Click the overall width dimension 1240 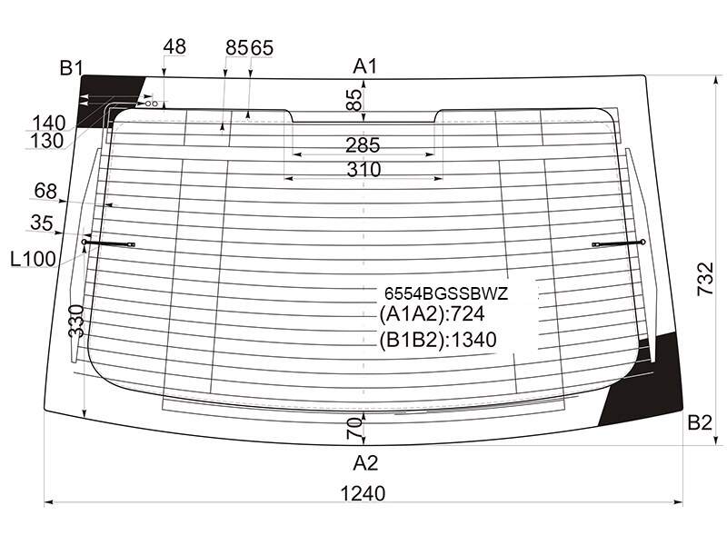pyautogui.click(x=363, y=493)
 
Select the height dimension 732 pyautogui.click(x=706, y=279)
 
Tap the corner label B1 pyautogui.click(x=71, y=69)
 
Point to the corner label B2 pyautogui.click(x=699, y=422)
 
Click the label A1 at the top pyautogui.click(x=365, y=66)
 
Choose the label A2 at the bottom pyautogui.click(x=365, y=463)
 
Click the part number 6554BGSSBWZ pyautogui.click(x=446, y=293)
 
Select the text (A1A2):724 pyautogui.click(x=432, y=314)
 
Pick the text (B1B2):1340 pyautogui.click(x=438, y=340)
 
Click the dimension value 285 pyautogui.click(x=363, y=145)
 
